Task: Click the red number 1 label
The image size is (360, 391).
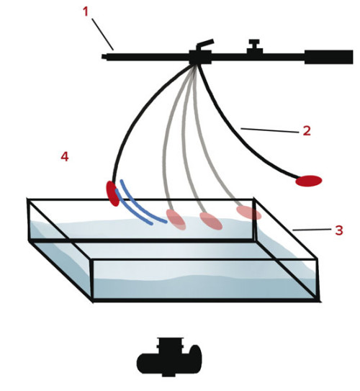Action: coord(86,12)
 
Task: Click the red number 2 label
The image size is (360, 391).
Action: coord(307,130)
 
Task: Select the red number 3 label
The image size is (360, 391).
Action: coord(339,230)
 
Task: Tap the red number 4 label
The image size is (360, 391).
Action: coord(65,156)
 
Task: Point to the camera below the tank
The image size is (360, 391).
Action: coord(169,357)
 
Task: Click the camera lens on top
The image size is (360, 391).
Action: coord(170,346)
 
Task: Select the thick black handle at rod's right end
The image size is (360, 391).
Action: coord(328,57)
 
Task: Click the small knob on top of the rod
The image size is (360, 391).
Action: coord(255,47)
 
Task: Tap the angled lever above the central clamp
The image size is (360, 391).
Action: coord(205,44)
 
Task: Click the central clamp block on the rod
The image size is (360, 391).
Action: coord(200,58)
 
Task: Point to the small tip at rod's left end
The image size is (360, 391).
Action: coord(104,57)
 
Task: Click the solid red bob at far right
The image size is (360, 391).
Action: coord(309,181)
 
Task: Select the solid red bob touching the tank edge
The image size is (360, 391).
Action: coord(113,194)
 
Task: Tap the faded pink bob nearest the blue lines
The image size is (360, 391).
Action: coord(176,220)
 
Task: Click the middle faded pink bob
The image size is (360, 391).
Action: coord(211,220)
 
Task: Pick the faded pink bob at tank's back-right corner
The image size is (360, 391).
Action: coord(249,212)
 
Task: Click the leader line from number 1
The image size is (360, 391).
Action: coord(103,34)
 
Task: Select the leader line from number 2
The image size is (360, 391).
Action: coord(270,130)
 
